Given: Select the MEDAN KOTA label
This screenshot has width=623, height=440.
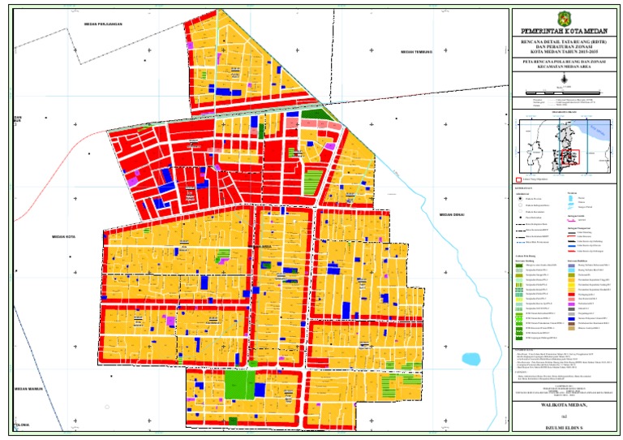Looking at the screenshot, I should pos(63,237).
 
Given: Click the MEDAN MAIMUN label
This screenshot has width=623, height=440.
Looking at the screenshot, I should pos(30,390).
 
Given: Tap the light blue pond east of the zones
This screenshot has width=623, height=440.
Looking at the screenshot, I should pos(470,358).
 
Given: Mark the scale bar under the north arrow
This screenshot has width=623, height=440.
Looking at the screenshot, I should pos(565,104).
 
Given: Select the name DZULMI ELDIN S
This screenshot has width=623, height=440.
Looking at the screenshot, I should pos(565,426).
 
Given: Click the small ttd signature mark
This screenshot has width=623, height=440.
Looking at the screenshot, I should pos(565,414).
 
